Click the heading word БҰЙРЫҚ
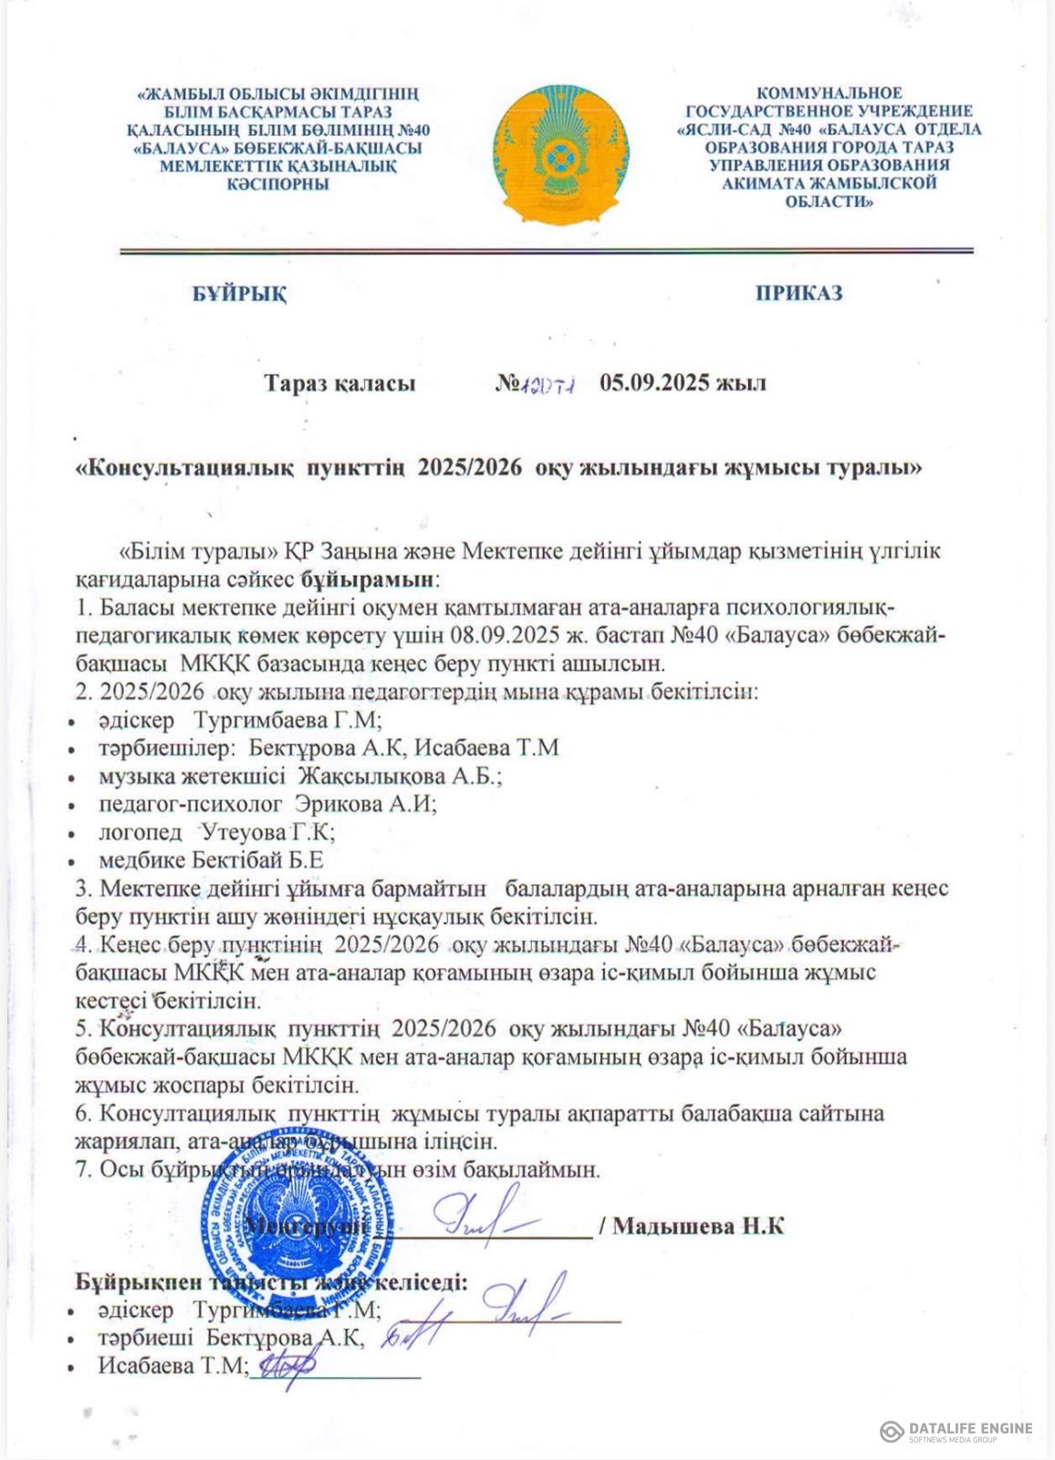coord(240,294)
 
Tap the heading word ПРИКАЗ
coord(799,294)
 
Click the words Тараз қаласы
coord(339,383)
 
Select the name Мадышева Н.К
coord(698,1225)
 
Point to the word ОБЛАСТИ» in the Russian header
coord(829,202)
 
